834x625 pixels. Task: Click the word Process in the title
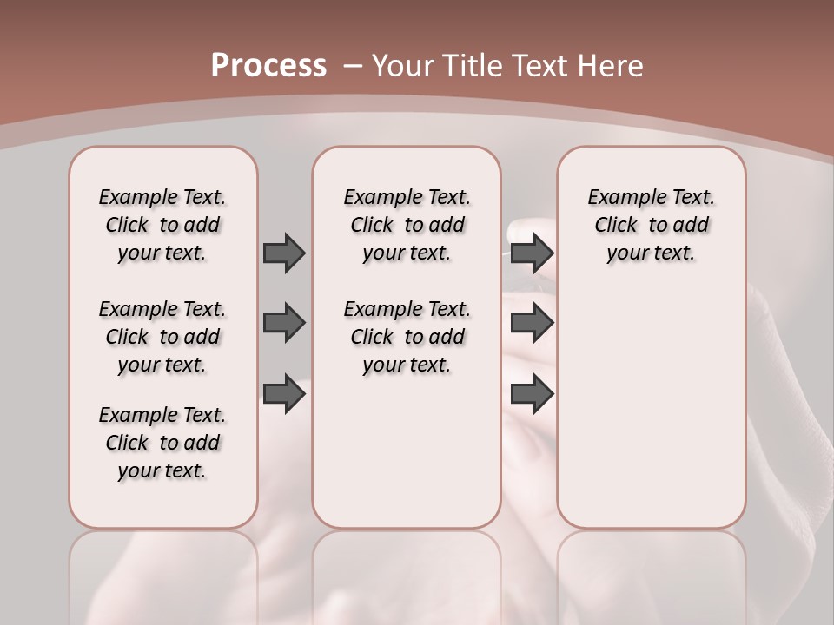pos(268,66)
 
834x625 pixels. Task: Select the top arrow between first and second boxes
pos(284,253)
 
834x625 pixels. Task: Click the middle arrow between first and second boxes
pos(284,323)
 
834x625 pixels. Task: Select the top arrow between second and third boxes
pos(532,253)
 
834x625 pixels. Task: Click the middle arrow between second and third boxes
pos(532,323)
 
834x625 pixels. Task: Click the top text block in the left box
pos(162,225)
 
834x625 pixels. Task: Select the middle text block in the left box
pos(162,337)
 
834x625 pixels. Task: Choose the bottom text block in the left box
pos(162,443)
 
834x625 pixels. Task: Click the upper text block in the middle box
pos(407,225)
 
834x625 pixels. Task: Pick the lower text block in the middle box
pos(407,337)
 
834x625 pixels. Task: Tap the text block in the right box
pos(651,225)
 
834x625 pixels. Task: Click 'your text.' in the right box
pos(651,253)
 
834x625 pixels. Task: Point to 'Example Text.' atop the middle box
pos(407,197)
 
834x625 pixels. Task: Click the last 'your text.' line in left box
pos(162,470)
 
